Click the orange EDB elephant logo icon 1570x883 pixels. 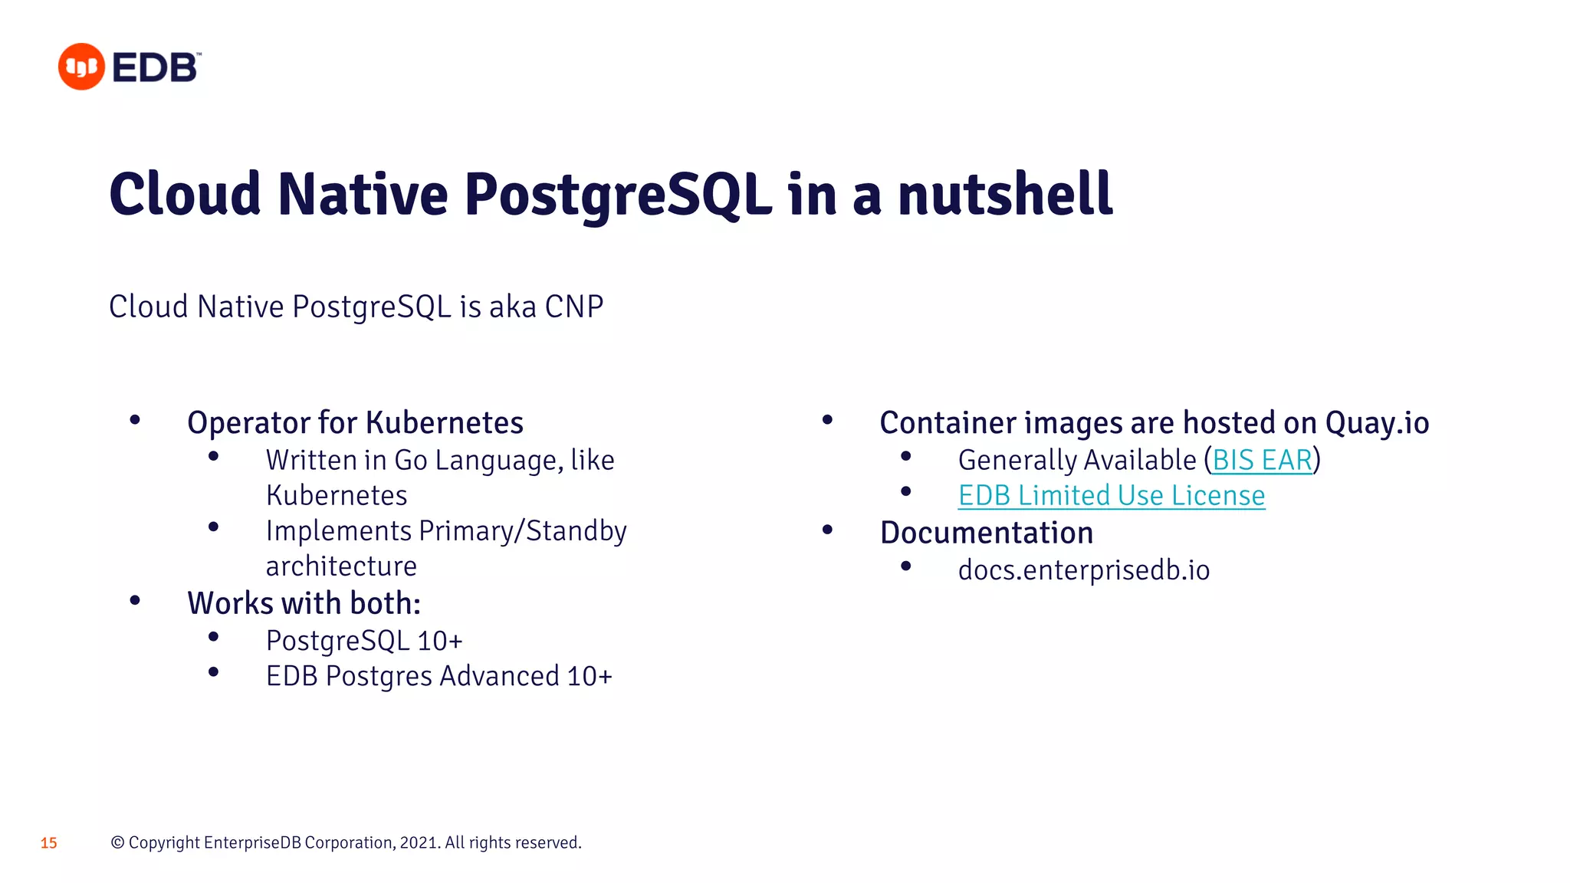click(81, 67)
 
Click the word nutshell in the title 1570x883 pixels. click(1005, 195)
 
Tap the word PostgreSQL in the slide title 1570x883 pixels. click(618, 195)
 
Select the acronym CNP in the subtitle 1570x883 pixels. click(573, 307)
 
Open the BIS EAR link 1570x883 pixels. click(1262, 460)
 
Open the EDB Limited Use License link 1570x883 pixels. click(1111, 496)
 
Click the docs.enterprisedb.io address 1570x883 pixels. click(1083, 570)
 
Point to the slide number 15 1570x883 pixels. click(49, 843)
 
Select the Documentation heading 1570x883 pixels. click(987, 533)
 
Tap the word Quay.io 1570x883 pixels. click(1377, 422)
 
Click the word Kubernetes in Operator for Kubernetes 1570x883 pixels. click(445, 422)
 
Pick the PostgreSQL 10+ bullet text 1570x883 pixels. click(364, 641)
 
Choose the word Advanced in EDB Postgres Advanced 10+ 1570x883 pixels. click(499, 676)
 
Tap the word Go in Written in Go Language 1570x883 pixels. click(410, 460)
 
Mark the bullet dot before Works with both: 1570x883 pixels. click(135, 601)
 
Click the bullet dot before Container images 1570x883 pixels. click(827, 420)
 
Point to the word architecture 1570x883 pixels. click(341, 566)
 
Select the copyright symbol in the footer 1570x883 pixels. click(118, 843)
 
